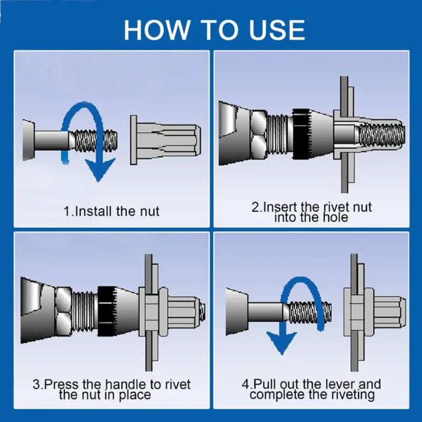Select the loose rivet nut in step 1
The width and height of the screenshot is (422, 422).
coord(165,140)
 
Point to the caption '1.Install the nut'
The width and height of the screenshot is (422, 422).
coord(111,212)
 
